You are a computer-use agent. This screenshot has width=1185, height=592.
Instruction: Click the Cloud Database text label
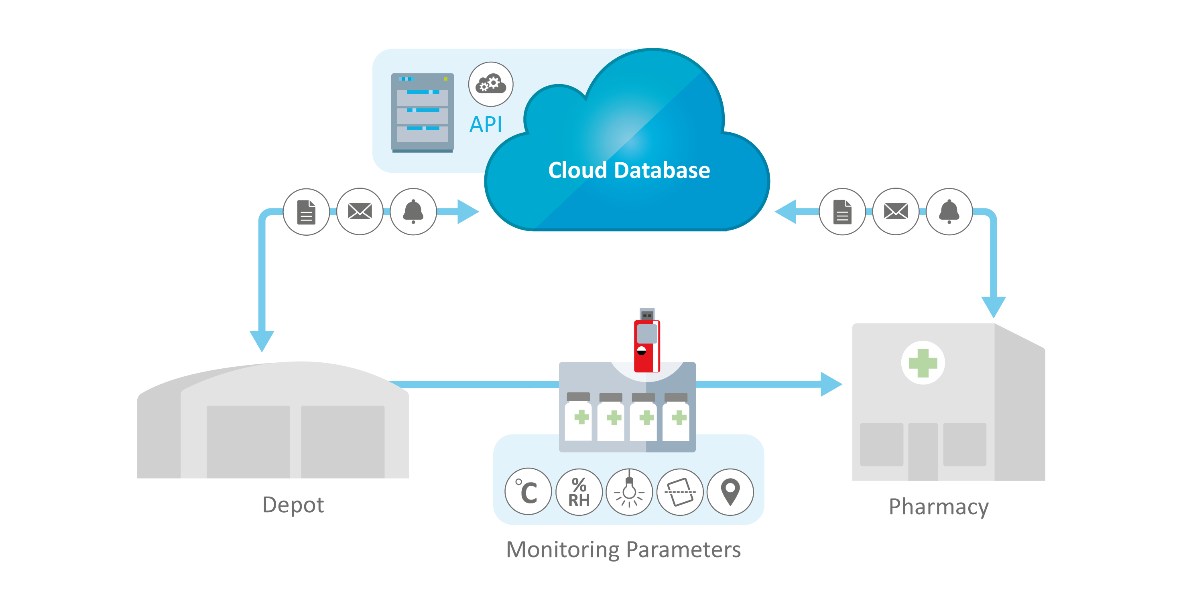pos(629,170)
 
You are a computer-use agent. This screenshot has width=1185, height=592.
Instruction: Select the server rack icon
pos(422,112)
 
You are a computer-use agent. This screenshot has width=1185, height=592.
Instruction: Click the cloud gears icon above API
pos(491,84)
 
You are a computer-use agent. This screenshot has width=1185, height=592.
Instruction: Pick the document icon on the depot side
pos(306,212)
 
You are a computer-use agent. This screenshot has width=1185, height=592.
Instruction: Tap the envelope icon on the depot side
pos(360,212)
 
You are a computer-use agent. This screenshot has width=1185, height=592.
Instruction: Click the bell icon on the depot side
pos(413,212)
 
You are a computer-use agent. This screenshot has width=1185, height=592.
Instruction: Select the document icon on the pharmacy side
pos(842,212)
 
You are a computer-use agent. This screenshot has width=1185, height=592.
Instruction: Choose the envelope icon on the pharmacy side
pos(896,212)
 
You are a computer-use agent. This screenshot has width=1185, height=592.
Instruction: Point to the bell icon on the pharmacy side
pos(949,212)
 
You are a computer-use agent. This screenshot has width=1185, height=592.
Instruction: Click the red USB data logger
pos(647,341)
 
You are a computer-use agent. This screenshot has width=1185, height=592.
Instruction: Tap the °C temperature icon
pos(528,492)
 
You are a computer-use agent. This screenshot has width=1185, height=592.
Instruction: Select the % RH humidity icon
pos(579,492)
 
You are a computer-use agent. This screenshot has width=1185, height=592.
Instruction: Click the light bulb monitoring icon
pos(629,492)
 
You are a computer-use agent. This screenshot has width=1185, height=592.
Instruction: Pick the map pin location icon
pos(730,492)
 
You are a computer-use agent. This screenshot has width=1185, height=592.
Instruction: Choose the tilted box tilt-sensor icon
pos(680,492)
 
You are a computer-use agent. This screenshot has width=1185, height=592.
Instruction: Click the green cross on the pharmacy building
pos(923,363)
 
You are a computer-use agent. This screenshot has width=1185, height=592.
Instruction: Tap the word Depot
pos(293,505)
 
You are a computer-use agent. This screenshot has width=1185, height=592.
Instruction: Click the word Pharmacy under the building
pos(939,507)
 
